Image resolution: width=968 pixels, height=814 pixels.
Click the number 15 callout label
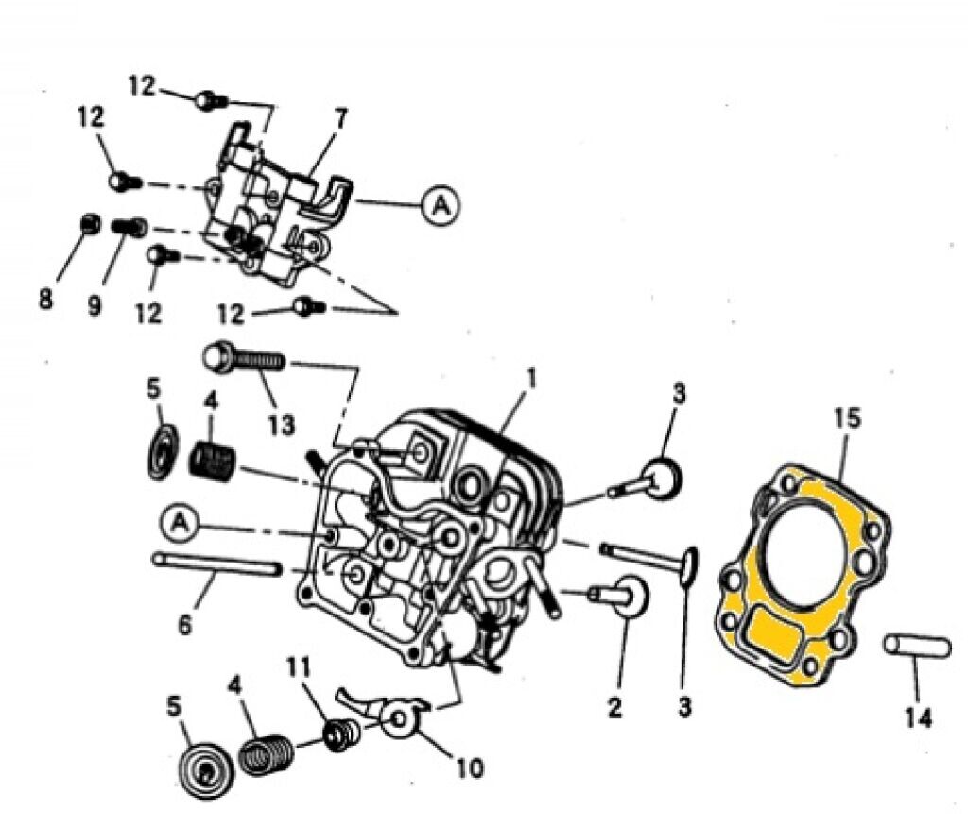[848, 417]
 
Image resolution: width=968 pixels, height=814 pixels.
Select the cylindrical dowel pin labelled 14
[917, 648]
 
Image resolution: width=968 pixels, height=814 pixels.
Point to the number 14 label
[917, 719]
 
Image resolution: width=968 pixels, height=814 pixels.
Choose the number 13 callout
[281, 424]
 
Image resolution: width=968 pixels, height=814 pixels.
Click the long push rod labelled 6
[217, 565]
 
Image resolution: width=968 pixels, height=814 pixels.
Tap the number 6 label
[185, 625]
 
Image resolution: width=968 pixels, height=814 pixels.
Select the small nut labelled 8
[89, 225]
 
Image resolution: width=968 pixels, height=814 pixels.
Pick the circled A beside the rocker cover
[440, 203]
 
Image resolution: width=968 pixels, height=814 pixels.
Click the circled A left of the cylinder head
[181, 520]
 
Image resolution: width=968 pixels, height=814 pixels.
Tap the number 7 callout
[340, 119]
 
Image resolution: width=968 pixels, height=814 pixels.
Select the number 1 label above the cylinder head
[531, 379]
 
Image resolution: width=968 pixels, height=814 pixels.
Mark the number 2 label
[615, 706]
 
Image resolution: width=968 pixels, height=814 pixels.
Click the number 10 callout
[470, 768]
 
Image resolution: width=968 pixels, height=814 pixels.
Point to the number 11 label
[301, 667]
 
